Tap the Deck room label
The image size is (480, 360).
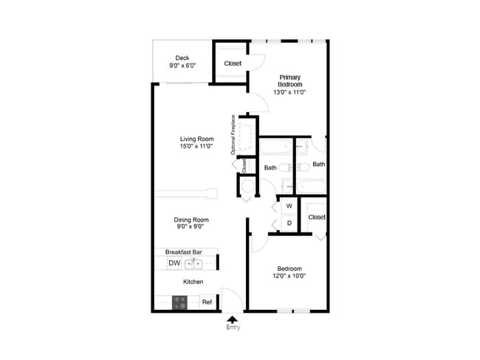(x=182, y=58)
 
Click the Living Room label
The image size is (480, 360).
(x=196, y=138)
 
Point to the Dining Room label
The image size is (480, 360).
(x=191, y=220)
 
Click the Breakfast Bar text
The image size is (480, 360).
(x=184, y=252)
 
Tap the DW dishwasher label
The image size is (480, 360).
(x=174, y=263)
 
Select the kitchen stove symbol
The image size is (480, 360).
(x=180, y=302)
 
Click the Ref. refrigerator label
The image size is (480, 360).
(x=208, y=302)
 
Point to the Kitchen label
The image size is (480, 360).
(x=193, y=282)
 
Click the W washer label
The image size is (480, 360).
(x=289, y=206)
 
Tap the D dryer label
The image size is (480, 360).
(x=289, y=223)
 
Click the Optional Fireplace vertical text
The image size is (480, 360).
(x=233, y=135)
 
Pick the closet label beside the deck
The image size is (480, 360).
(x=233, y=63)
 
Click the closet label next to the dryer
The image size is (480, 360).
(x=317, y=217)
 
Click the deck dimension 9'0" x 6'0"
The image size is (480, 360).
(x=182, y=66)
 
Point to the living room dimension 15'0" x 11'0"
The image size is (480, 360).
(x=196, y=146)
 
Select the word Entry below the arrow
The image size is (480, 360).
(x=233, y=328)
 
